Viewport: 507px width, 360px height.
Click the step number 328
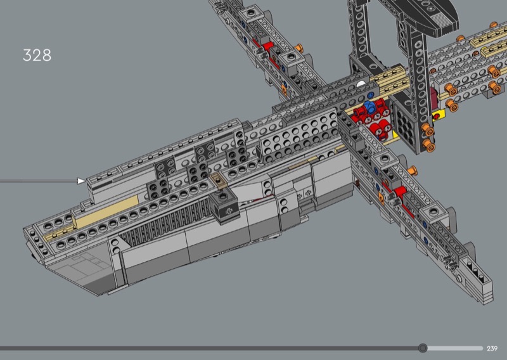tap(37, 55)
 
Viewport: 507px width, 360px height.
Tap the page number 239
tap(492, 349)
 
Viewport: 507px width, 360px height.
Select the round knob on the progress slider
tap(422, 348)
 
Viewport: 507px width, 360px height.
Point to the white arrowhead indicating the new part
tap(81, 181)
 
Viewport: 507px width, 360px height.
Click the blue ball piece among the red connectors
tap(369, 106)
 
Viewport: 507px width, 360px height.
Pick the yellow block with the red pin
tap(439, 115)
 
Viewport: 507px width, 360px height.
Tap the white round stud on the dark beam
tap(361, 84)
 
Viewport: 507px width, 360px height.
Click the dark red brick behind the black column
tap(433, 96)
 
